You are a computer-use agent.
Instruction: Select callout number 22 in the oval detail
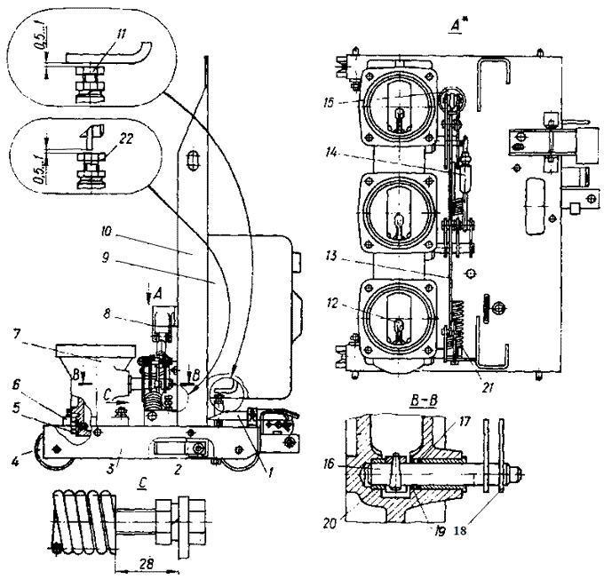(x=126, y=139)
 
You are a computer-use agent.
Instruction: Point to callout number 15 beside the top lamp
(x=329, y=103)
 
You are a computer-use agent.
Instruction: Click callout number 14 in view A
(x=330, y=153)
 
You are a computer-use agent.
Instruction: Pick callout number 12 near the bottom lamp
(x=331, y=304)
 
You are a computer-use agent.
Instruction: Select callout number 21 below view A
(x=488, y=388)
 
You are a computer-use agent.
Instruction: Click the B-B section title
(x=424, y=401)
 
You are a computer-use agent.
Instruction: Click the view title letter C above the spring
(x=142, y=483)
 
